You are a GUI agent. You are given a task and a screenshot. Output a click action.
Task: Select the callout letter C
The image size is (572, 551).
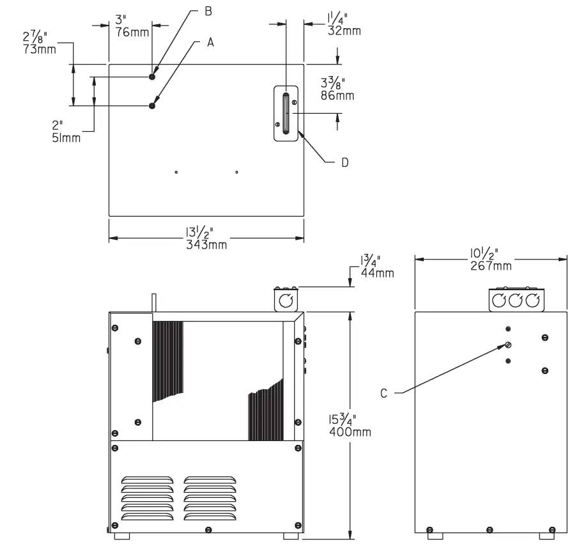[x=384, y=393]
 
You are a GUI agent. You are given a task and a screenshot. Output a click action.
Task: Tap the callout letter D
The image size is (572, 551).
[x=344, y=163]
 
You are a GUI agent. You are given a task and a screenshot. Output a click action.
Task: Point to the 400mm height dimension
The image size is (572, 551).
[x=350, y=432]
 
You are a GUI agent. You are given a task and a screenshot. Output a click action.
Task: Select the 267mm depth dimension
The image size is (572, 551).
[x=491, y=265]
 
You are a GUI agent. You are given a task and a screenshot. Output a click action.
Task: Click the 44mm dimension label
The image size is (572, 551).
[x=376, y=273]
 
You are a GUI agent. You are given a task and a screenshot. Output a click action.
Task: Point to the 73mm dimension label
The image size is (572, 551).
[x=38, y=49]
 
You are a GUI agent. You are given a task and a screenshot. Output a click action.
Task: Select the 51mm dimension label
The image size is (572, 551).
[x=66, y=137]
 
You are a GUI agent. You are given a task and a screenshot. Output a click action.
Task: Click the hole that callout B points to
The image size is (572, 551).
[x=152, y=77]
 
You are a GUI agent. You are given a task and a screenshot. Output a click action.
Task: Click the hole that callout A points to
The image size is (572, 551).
[x=152, y=105]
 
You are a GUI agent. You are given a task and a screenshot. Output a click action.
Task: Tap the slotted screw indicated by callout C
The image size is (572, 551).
[x=508, y=345]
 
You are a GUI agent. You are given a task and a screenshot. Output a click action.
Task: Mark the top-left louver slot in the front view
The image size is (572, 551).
[x=146, y=479]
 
